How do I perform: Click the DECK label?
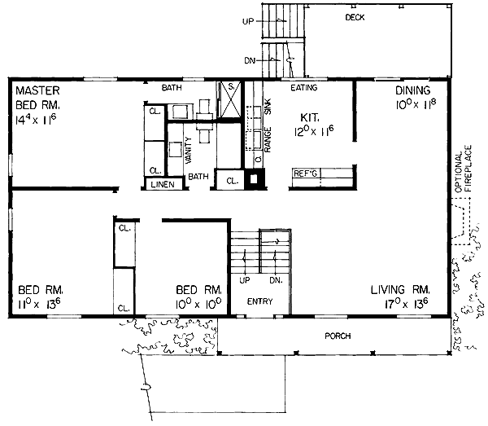[355, 17]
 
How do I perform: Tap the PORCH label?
[338, 336]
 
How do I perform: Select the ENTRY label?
[260, 301]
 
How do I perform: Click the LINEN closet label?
[163, 184]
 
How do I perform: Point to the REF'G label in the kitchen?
[305, 173]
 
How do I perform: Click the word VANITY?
[189, 150]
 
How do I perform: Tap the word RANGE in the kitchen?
[268, 139]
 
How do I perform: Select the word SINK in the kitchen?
[268, 107]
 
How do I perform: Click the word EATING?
[303, 88]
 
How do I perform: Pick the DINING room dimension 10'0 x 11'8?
[416, 104]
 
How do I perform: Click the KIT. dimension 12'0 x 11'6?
[314, 131]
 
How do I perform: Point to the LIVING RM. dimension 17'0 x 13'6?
[406, 304]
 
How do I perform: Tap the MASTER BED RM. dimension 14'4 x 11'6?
[36, 120]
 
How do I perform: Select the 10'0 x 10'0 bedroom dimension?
[198, 304]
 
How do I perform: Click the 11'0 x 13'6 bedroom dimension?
[39, 304]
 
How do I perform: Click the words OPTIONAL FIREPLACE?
[464, 169]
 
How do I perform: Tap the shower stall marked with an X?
[230, 99]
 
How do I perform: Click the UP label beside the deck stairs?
[248, 21]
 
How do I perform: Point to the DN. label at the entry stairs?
[276, 280]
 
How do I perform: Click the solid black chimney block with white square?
[255, 179]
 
